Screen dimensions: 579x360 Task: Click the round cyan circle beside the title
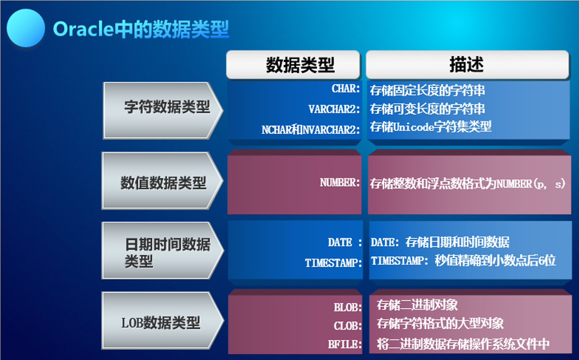[26, 28]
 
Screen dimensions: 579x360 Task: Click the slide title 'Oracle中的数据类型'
[141, 29]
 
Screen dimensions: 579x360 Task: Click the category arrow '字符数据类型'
[163, 111]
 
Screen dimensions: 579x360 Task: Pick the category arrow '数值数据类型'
[162, 180]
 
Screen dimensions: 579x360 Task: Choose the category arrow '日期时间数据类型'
[163, 250]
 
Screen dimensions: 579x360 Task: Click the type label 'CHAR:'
[346, 89]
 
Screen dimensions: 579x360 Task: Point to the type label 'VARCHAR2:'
[334, 109]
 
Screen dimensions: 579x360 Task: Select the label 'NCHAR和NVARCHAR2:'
[311, 130]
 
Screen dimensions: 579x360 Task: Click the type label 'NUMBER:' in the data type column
[340, 183]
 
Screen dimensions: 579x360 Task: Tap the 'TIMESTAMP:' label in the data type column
[333, 263]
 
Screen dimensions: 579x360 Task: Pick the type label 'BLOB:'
[348, 307]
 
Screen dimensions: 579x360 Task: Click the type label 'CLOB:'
[348, 326]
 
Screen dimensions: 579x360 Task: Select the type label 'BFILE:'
[345, 344]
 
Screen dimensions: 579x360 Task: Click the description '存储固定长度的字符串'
[427, 91]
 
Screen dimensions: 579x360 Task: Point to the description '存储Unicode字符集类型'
[431, 127]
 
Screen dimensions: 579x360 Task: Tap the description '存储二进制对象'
[417, 305]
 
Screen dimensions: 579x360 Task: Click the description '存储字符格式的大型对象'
[440, 323]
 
